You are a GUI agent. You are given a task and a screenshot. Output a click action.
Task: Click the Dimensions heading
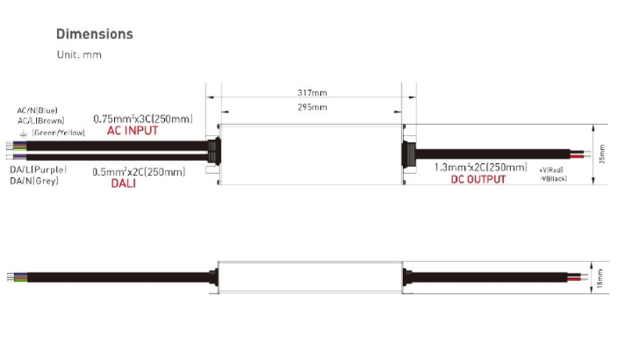(95, 34)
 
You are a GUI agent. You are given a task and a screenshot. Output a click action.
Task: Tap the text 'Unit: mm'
(80, 55)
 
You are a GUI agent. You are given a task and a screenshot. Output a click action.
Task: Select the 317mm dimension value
(312, 93)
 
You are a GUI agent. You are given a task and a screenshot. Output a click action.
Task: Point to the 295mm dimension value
(312, 107)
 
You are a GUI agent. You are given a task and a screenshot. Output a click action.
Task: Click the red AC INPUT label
(132, 130)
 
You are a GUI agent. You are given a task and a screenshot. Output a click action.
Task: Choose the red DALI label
(123, 184)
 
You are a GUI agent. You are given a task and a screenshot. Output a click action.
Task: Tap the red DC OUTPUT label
(478, 180)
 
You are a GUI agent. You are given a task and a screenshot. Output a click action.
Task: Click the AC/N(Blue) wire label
(37, 110)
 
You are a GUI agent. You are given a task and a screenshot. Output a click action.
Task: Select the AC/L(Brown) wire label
(41, 121)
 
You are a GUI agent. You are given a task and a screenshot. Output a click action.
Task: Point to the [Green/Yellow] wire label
(58, 133)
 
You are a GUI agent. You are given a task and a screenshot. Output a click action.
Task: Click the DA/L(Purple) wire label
(38, 169)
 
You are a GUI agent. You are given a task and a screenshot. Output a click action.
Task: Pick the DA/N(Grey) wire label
(34, 181)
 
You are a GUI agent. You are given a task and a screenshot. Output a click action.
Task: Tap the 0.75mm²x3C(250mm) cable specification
(143, 119)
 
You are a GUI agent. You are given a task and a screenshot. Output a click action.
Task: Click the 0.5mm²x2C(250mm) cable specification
(139, 172)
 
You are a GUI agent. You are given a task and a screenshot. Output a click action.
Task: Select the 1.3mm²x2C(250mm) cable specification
(480, 167)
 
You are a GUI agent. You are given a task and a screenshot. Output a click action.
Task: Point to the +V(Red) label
(551, 170)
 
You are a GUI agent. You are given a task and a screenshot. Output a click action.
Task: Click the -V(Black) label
(553, 179)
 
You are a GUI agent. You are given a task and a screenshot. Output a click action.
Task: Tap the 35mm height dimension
(602, 154)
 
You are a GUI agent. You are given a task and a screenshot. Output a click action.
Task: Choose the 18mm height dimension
(600, 278)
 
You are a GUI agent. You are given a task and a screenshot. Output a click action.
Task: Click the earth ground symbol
(23, 134)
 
